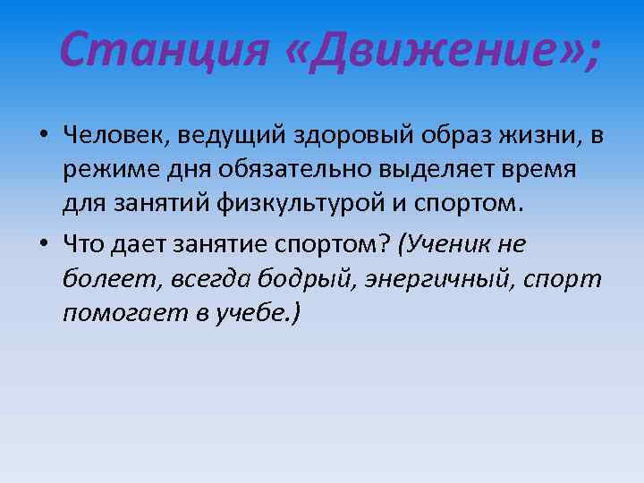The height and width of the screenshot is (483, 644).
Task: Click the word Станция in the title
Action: coord(164,51)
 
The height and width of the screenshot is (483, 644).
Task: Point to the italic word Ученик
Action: coord(447,245)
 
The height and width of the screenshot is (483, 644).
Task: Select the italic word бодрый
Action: coord(306,279)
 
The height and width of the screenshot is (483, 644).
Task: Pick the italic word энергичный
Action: coord(439,279)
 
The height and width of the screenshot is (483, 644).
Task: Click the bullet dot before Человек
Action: coord(43,137)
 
